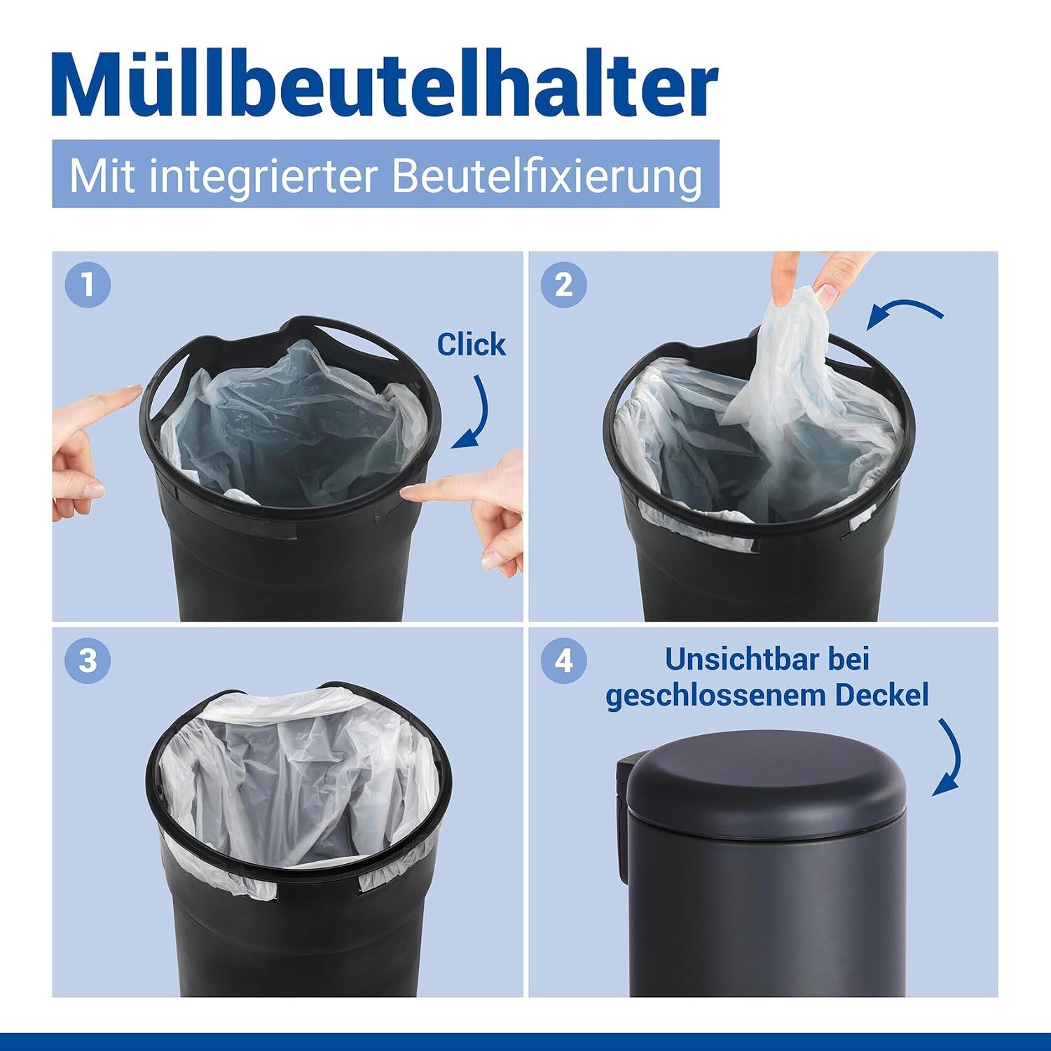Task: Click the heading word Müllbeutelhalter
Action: tap(385, 83)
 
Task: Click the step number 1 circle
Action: tap(88, 285)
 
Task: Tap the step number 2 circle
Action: tap(564, 285)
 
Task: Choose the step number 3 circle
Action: tap(88, 661)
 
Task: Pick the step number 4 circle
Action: tap(564, 661)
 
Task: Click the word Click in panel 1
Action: tap(471, 345)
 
